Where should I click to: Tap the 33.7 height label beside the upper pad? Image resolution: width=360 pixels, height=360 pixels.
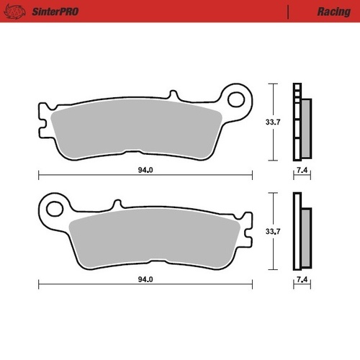click(273, 122)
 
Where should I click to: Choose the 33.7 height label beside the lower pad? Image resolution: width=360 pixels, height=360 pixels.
click(273, 232)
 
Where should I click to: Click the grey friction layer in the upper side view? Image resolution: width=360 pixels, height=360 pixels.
click(305, 128)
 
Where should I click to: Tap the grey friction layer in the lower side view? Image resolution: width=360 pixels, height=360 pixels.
click(305, 238)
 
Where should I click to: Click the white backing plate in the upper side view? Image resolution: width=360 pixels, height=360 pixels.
click(296, 122)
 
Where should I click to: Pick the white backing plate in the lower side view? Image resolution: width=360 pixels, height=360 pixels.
click(296, 232)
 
